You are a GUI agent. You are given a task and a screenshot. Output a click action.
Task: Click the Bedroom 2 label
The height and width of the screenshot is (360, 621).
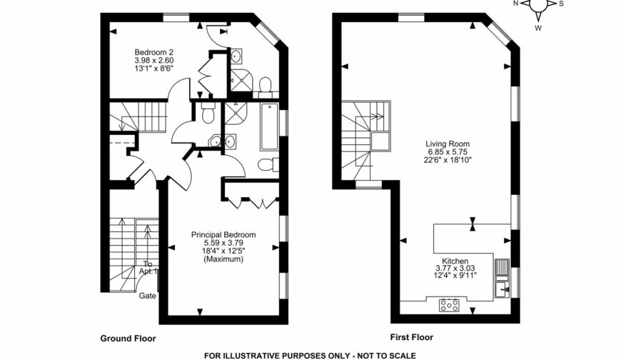154,52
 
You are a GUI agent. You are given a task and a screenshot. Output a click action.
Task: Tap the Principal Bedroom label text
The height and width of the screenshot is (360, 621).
223,234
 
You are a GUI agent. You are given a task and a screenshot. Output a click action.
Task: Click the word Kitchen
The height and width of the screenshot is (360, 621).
455,261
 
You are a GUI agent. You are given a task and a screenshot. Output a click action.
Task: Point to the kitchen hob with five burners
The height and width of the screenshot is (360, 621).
450,305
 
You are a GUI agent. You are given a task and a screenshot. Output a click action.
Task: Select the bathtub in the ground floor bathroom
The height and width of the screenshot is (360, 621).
270,127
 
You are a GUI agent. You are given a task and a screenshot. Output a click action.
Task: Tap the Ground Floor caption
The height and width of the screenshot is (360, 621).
128,338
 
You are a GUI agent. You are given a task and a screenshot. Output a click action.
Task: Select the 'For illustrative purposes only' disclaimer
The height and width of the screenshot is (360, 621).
310,355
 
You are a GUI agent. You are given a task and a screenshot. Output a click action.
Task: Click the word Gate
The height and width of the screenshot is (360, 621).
148,295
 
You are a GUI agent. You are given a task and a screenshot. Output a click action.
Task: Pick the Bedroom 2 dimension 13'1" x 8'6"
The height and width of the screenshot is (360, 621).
154,69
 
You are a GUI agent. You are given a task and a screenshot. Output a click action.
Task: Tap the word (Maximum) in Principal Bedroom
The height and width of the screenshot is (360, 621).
223,259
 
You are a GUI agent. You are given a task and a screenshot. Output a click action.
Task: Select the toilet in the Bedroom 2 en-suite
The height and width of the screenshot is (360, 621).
264,86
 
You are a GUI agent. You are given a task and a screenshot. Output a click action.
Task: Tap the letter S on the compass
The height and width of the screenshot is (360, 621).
560,4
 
